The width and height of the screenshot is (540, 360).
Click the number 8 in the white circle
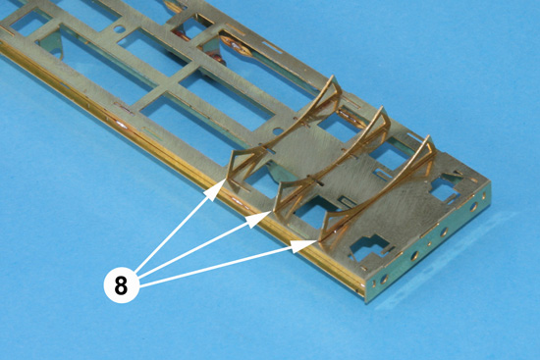point(121,285)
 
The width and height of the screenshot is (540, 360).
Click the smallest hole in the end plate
point(429,243)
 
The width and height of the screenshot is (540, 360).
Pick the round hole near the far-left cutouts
point(119,29)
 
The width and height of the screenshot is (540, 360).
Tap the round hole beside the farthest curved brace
point(278,131)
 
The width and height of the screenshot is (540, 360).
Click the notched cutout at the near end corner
point(368,248)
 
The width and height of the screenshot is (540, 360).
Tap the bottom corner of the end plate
point(367,302)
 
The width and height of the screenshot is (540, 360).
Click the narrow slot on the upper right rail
point(272,47)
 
